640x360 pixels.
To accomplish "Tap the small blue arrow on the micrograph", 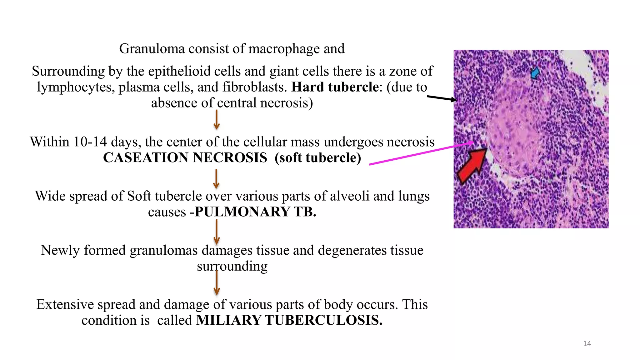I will [x=535, y=73].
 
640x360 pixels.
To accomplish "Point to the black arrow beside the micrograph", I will [x=442, y=98].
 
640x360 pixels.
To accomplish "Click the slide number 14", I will [x=587, y=344].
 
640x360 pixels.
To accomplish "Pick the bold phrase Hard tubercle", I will [x=335, y=87].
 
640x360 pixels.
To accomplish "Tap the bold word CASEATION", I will [x=146, y=158].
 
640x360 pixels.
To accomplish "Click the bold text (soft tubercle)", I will [x=318, y=158].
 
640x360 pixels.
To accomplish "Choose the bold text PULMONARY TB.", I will [x=255, y=212].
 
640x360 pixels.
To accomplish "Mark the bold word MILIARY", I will [x=229, y=321].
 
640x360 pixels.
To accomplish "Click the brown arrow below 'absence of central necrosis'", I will [x=217, y=120].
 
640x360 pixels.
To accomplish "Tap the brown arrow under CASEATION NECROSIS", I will [x=216, y=179].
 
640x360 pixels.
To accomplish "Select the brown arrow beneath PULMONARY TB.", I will [x=217, y=232].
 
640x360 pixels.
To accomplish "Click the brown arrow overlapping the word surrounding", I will [x=217, y=283].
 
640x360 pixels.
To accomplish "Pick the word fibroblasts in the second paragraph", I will [x=254, y=87].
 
